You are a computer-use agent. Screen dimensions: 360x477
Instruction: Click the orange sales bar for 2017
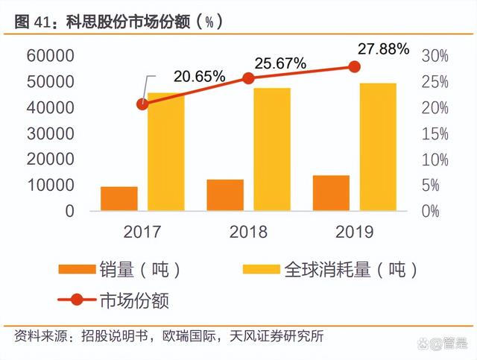coord(119,198)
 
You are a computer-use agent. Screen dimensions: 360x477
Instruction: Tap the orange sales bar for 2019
coord(331,193)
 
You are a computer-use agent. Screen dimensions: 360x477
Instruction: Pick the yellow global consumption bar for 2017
coord(165,151)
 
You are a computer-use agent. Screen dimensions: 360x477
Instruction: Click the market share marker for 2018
coord(248,78)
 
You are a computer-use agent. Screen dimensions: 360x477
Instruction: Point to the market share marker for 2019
coord(354,66)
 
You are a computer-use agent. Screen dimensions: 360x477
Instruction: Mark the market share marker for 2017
coord(142,104)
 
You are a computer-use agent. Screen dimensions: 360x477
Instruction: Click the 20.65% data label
coord(199,76)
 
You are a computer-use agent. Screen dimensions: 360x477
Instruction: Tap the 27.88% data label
coord(383,49)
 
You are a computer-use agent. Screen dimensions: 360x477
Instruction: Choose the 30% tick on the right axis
coord(435,56)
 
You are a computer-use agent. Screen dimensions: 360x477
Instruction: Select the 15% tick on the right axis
coord(435,133)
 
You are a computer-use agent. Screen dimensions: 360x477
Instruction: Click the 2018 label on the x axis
coord(248,231)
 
